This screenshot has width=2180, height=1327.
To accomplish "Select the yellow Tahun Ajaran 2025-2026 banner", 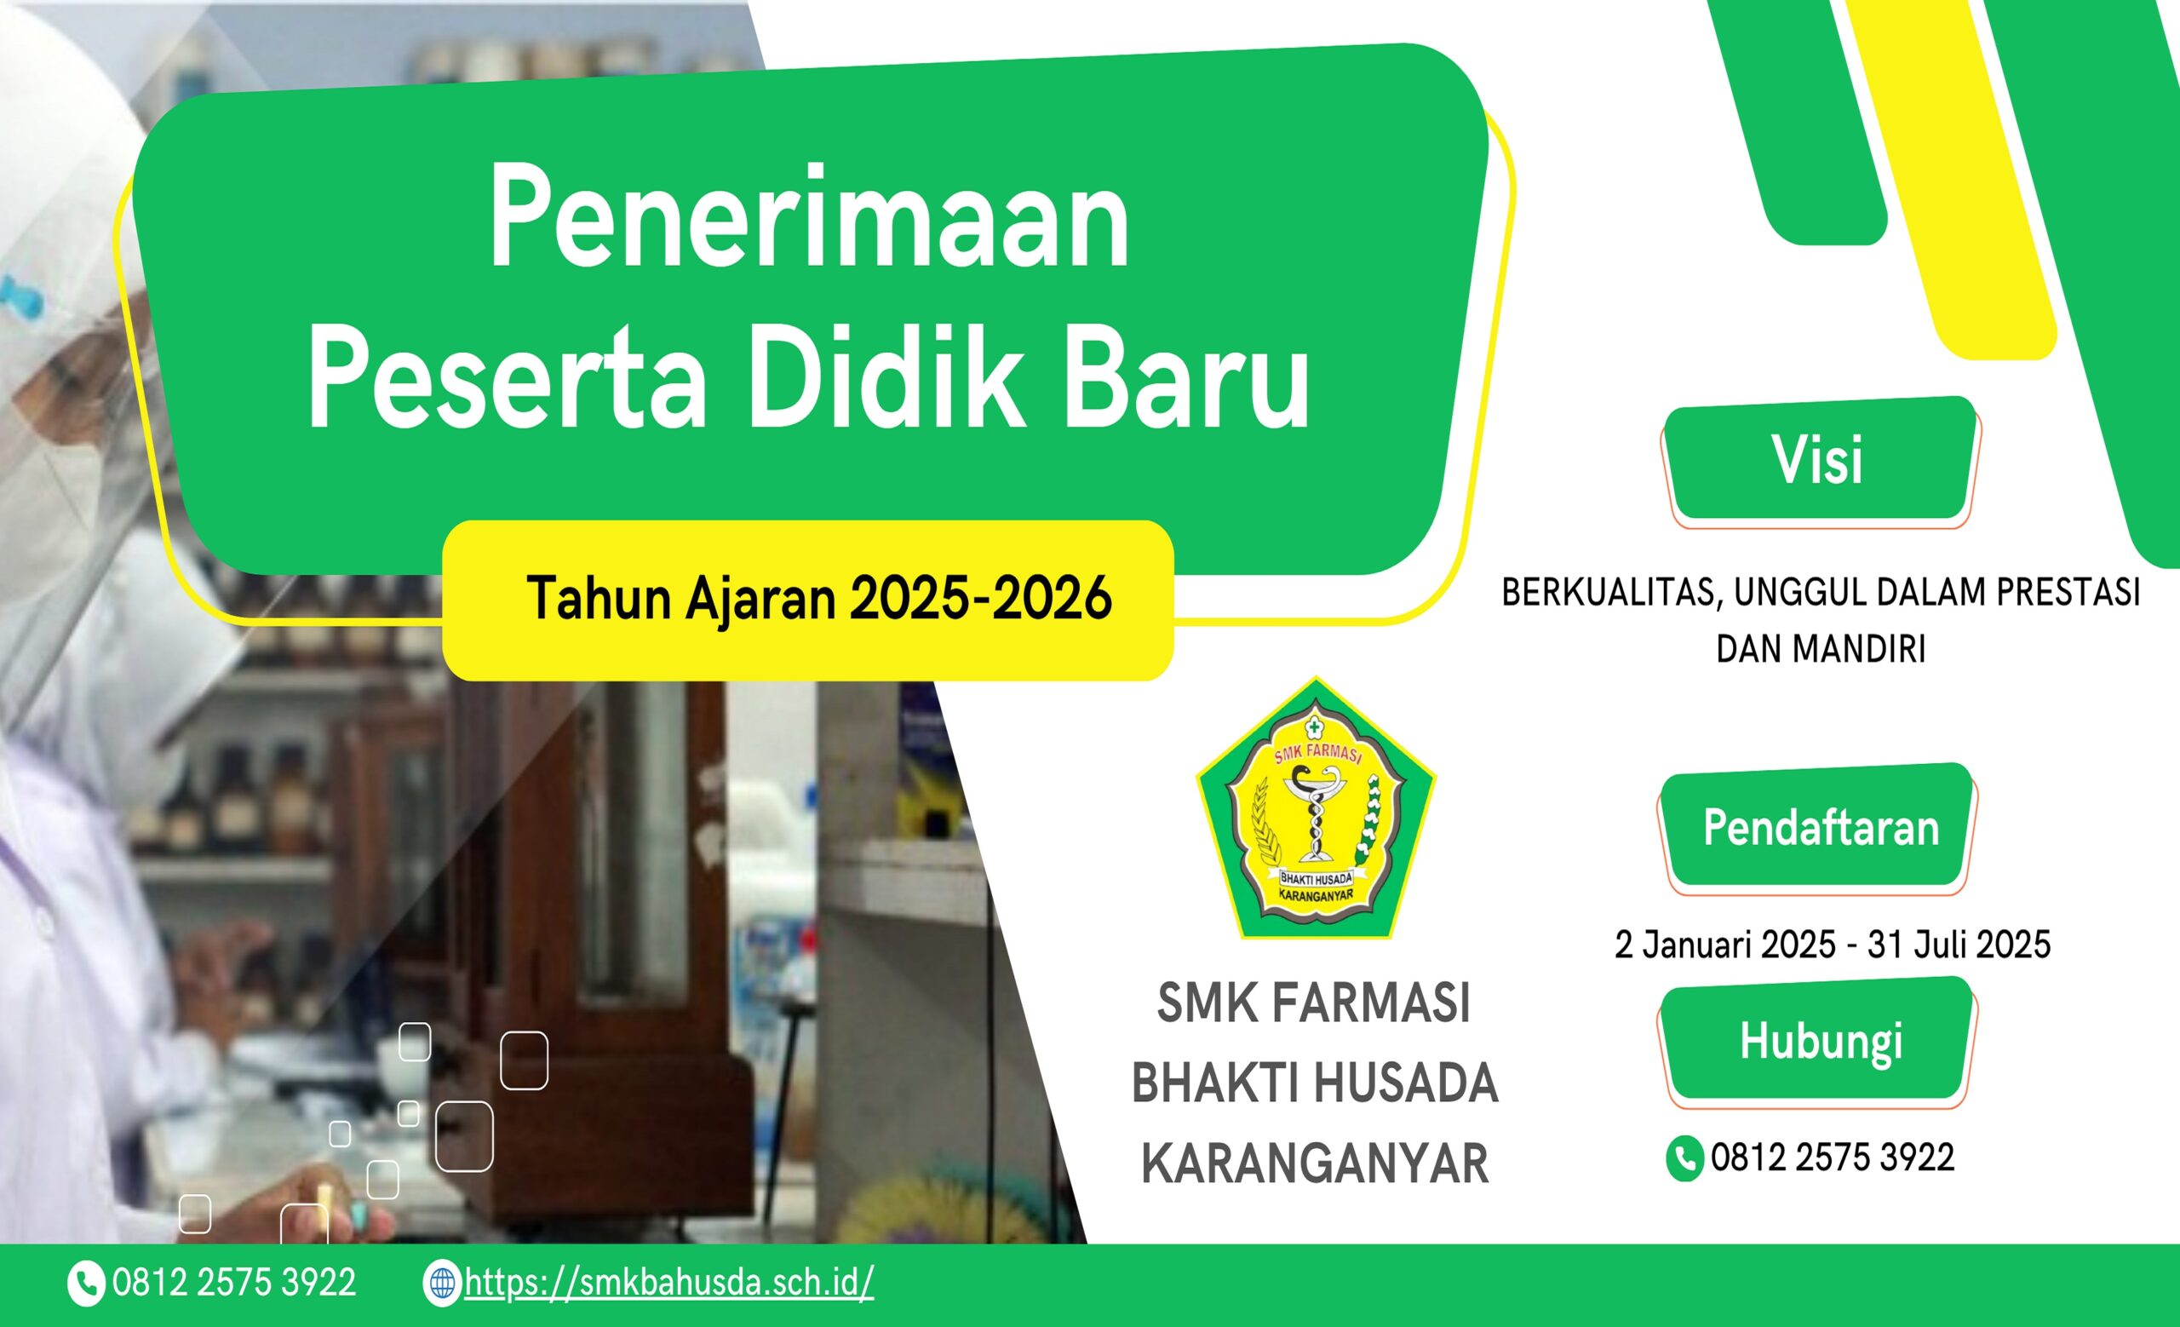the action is pos(808,600).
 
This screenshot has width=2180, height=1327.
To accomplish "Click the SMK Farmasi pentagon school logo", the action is pos(1316,807).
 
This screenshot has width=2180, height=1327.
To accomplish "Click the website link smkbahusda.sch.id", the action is pos(668,1282).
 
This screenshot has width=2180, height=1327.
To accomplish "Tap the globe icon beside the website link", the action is pos(441,1283).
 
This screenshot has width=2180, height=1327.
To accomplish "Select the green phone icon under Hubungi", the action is pos(1684,1158).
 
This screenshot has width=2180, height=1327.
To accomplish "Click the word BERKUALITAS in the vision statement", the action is pos(1609,593).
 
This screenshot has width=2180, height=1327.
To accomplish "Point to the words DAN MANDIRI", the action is pos(1821,648).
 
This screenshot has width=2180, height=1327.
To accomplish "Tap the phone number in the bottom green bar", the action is pos(233,1283).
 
